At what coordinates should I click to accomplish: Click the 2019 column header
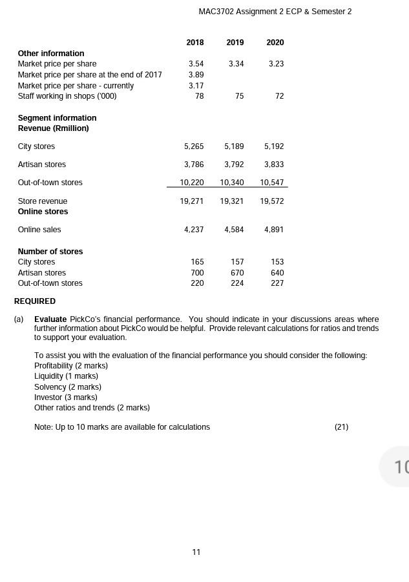pyautogui.click(x=235, y=43)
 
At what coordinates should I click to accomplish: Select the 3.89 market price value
pyautogui.click(x=196, y=75)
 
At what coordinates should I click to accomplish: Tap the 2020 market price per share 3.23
pyautogui.click(x=275, y=64)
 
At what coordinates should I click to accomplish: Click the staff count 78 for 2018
pyautogui.click(x=199, y=96)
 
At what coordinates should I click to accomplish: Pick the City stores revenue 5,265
pyautogui.click(x=194, y=146)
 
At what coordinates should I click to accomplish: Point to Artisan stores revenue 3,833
pyautogui.click(x=274, y=165)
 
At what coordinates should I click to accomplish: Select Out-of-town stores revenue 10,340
pyautogui.click(x=232, y=183)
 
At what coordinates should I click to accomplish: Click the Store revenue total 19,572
pyautogui.click(x=272, y=201)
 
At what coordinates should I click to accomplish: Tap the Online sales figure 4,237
pyautogui.click(x=194, y=230)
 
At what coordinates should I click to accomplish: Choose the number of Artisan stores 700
pyautogui.click(x=197, y=273)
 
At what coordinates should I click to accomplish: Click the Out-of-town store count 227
pyautogui.click(x=277, y=283)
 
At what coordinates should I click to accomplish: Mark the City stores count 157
pyautogui.click(x=237, y=262)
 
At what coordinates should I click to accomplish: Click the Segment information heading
pyautogui.click(x=57, y=118)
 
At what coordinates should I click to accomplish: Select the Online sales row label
pyautogui.click(x=39, y=230)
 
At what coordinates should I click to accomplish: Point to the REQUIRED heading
pyautogui.click(x=35, y=301)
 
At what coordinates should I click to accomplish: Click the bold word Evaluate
pyautogui.click(x=50, y=319)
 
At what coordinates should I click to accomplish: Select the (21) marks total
pyautogui.click(x=341, y=427)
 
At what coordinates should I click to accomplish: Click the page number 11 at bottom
pyautogui.click(x=196, y=552)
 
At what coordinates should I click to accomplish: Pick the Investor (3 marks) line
pyautogui.click(x=65, y=397)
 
